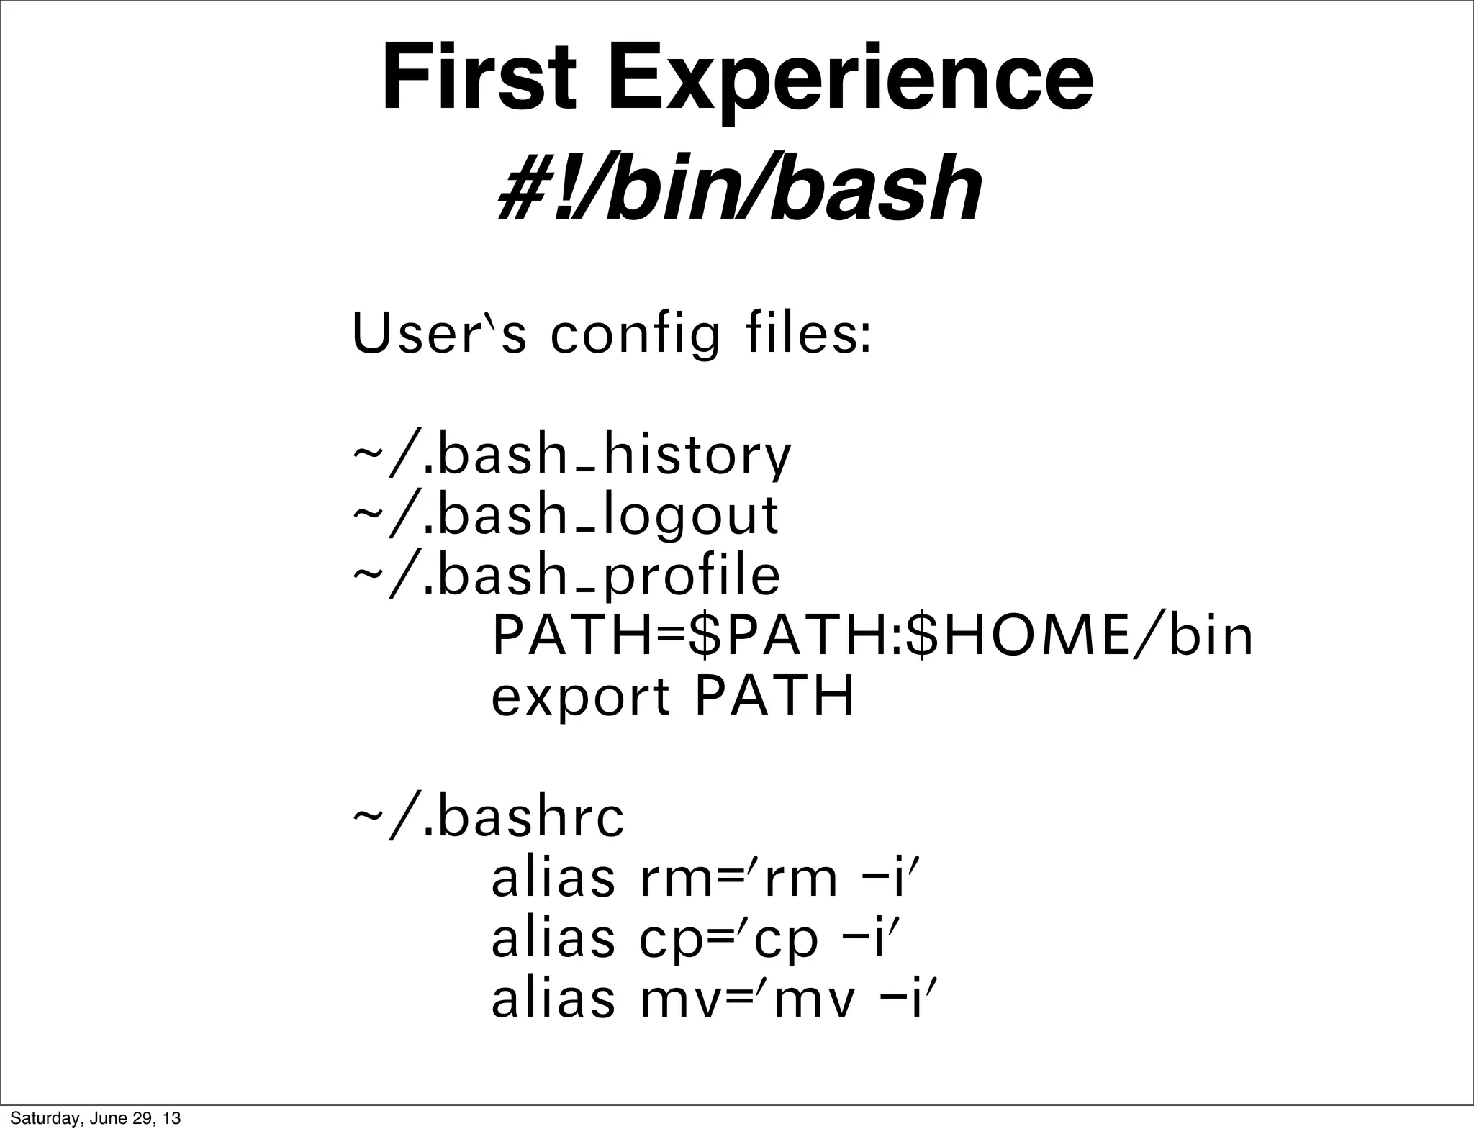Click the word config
click(x=634, y=336)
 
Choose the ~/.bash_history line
click(x=572, y=456)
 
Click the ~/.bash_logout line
click(x=566, y=516)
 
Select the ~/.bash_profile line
click(x=566, y=576)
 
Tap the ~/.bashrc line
click(x=488, y=818)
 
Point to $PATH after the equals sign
click(x=790, y=636)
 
